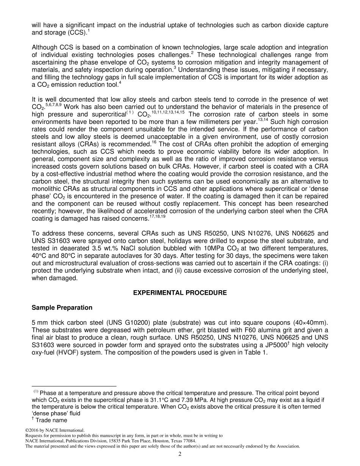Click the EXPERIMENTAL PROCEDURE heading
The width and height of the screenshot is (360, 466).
[180, 293]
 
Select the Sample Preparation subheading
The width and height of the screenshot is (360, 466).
[62, 307]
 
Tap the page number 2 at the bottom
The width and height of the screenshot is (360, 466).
[180, 454]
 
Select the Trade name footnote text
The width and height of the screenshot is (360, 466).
[52, 420]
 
